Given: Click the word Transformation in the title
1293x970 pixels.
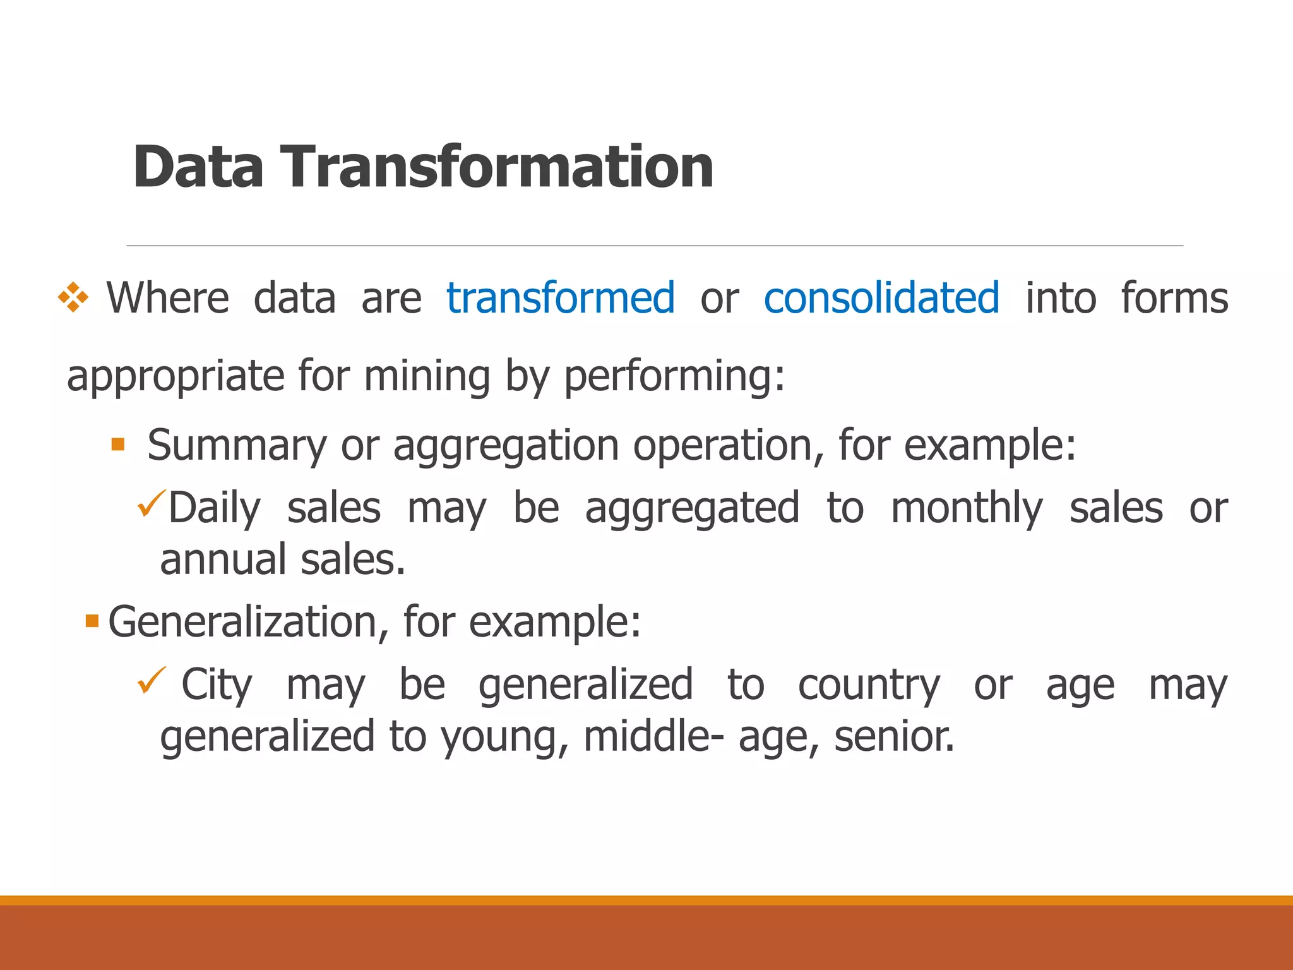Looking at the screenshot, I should coord(497,167).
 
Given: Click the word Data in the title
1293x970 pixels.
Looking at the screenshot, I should coord(198,167).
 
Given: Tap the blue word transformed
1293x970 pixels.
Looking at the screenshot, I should coord(561,298).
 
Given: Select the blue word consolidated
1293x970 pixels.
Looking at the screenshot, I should coord(881,298).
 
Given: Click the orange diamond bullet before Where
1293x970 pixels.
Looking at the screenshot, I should coord(73,297).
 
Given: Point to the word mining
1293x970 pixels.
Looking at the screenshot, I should coord(427,376).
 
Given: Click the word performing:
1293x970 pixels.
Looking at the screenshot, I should coord(674,376).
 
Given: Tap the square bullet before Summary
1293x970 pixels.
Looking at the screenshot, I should coord(118,444).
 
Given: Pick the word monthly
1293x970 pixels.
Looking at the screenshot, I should coord(966,508).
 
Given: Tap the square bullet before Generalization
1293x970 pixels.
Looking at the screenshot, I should coord(92,621).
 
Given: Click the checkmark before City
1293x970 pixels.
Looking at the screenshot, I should coord(151,680).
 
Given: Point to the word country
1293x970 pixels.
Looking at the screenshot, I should coord(869,686).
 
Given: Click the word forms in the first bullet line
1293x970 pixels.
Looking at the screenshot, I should coord(1174,298).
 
